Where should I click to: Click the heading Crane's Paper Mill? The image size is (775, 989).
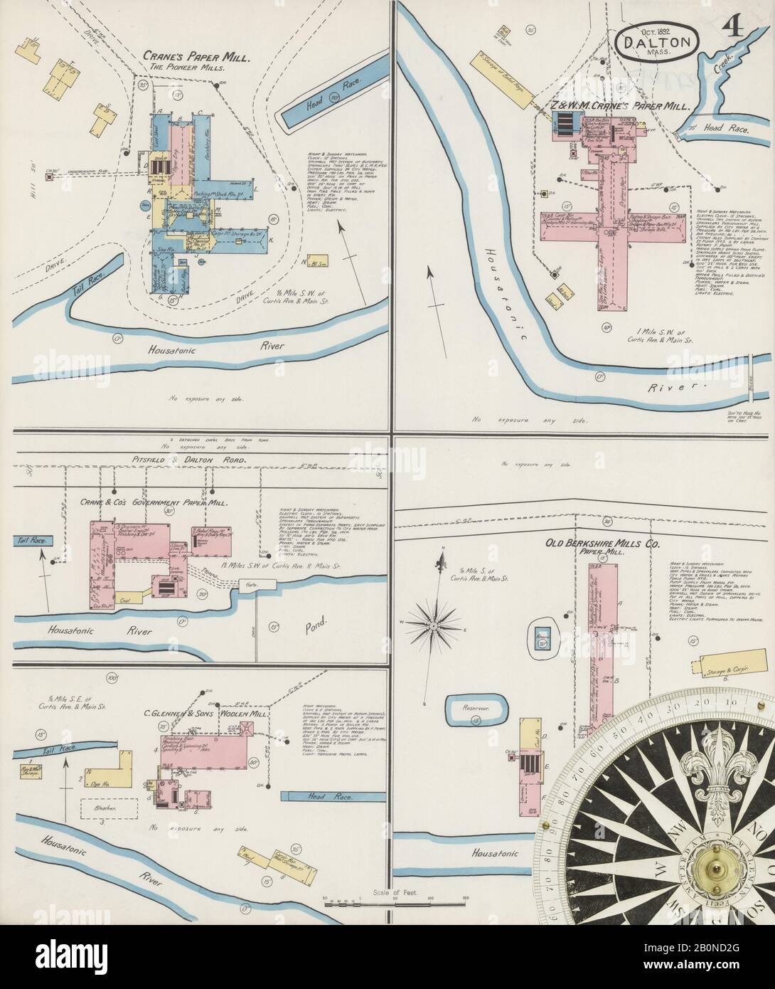pyautogui.click(x=196, y=55)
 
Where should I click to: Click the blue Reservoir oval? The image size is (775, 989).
pyautogui.click(x=476, y=708)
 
